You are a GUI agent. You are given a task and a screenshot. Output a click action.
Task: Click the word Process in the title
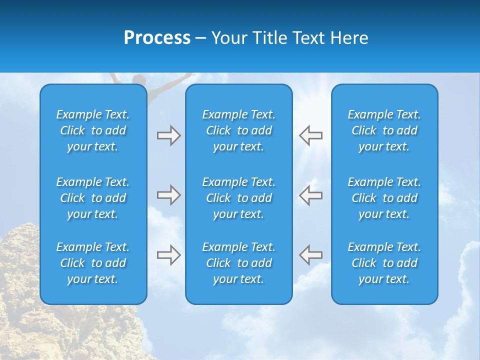tap(157, 38)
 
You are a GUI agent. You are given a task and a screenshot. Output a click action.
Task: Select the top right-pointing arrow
tap(168, 135)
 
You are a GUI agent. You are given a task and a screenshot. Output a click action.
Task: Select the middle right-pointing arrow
tap(168, 195)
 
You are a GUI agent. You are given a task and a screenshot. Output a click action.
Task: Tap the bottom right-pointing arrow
tap(168, 255)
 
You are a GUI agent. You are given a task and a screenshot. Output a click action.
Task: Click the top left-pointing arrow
tap(310, 135)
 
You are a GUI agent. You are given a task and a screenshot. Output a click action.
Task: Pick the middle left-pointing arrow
tap(310, 195)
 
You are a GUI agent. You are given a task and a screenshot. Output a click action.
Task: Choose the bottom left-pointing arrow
tap(310, 255)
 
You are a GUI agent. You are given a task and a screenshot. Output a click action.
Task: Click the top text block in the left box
tap(93, 130)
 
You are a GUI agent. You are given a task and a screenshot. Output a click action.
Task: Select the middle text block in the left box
tap(93, 198)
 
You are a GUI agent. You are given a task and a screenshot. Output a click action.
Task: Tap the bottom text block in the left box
tap(93, 263)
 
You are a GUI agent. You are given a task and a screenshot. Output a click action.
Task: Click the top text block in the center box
tap(238, 130)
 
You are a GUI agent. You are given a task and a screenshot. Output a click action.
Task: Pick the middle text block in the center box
tap(238, 198)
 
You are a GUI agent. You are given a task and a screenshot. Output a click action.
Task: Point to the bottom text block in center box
tap(238, 263)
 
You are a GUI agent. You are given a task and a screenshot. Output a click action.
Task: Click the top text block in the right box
tap(384, 130)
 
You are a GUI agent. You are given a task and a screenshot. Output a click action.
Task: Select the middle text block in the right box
tap(384, 198)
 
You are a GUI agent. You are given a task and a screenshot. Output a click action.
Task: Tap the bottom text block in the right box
tap(384, 263)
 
